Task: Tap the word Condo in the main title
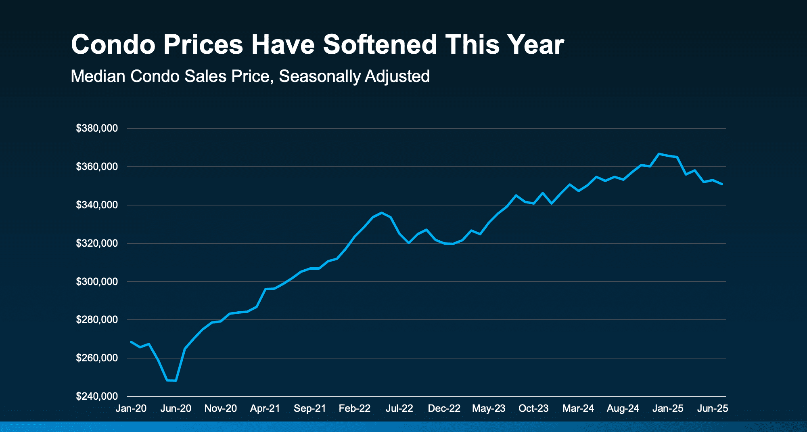point(113,44)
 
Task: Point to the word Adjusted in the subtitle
point(397,76)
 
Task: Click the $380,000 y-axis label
point(97,128)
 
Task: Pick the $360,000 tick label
point(97,167)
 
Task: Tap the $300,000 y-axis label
point(97,281)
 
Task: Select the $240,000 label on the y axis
point(97,396)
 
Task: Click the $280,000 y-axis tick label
point(97,320)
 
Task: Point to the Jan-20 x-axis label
point(131,409)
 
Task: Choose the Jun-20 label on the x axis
point(176,409)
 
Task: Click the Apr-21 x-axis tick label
point(265,409)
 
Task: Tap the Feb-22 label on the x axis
point(355,409)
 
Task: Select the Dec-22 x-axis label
point(444,409)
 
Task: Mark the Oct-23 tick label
point(533,409)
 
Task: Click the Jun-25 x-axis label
point(713,409)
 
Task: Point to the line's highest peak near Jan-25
point(659,154)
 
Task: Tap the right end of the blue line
point(722,184)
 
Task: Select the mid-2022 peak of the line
point(381,213)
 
